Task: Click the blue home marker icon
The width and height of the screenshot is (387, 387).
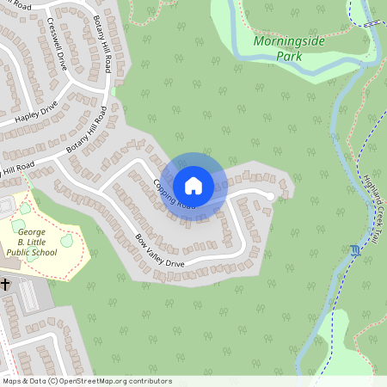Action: click(x=193, y=185)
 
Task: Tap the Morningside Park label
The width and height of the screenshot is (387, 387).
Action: click(x=279, y=48)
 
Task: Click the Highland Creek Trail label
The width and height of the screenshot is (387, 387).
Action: click(x=371, y=206)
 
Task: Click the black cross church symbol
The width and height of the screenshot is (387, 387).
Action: click(x=5, y=283)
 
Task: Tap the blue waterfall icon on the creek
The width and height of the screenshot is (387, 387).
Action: click(x=355, y=251)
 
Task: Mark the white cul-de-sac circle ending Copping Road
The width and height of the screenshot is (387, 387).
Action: click(x=270, y=197)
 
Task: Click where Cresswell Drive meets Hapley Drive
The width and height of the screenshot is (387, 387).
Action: click(x=68, y=97)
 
